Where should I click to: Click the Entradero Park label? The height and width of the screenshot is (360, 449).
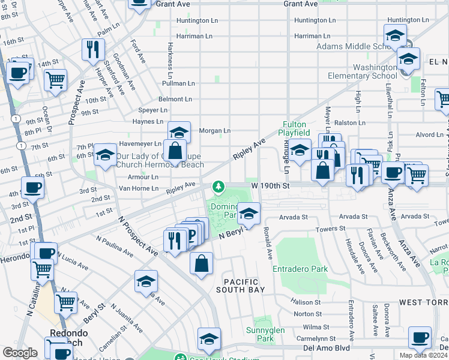(300, 269)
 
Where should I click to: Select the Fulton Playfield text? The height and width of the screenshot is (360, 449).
(296, 128)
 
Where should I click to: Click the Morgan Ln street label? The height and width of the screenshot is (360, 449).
(215, 130)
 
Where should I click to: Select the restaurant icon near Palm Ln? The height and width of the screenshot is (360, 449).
(93, 49)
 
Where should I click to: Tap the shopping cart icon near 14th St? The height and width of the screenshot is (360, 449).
(55, 79)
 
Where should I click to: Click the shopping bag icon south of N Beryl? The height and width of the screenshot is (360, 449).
(202, 263)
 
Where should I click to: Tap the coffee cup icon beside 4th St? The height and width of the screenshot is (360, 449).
(32, 187)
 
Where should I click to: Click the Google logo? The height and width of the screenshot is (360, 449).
(20, 353)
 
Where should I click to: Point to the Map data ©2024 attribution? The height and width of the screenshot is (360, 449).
(423, 355)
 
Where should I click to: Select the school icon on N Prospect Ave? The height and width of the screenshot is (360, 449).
(146, 281)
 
